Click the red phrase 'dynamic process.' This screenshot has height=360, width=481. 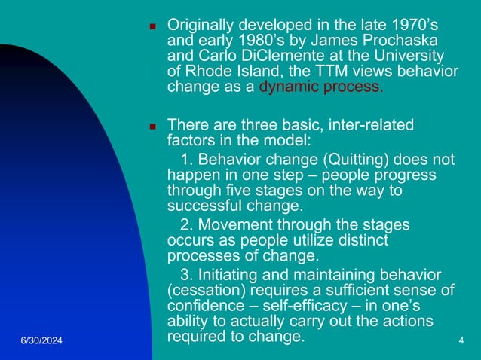tap(320, 87)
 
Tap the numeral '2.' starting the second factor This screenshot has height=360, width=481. tap(188, 224)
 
